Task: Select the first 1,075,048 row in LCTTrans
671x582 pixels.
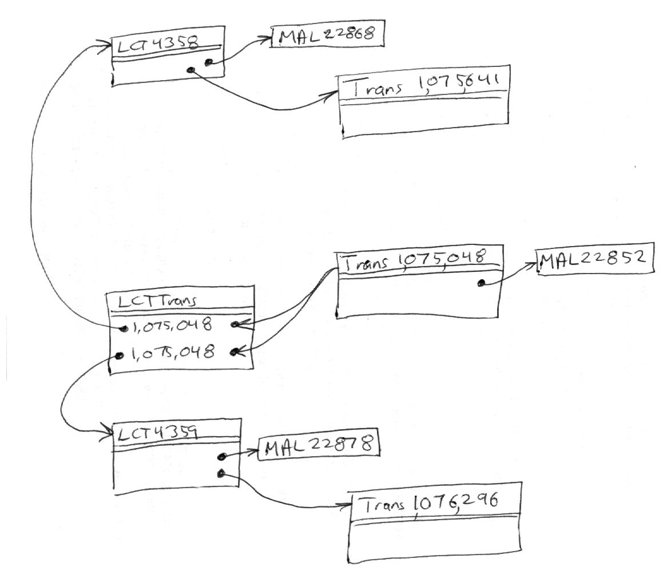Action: tap(172, 326)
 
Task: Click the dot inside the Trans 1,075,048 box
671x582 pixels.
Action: tap(482, 283)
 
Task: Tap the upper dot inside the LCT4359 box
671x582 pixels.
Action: tap(221, 457)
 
